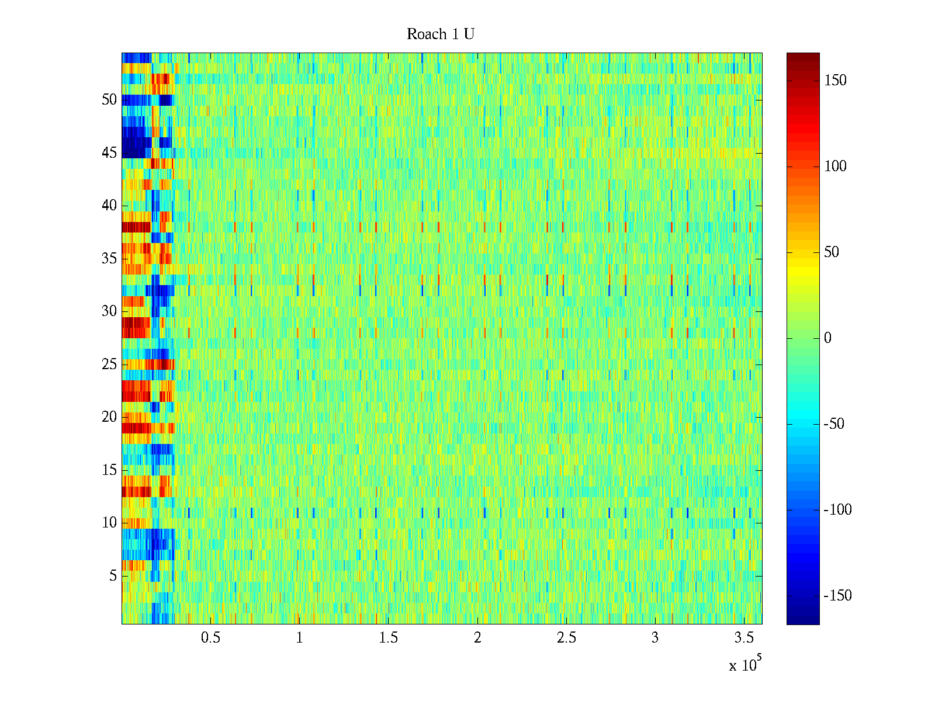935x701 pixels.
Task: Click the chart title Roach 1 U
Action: click(x=440, y=34)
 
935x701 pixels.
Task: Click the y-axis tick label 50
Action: click(x=109, y=100)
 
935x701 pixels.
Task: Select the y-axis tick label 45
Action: click(x=109, y=153)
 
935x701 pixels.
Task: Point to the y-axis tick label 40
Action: click(x=109, y=206)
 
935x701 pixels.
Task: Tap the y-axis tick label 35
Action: click(x=109, y=259)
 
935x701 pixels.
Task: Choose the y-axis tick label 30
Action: click(x=109, y=311)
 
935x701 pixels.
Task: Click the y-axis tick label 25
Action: click(x=109, y=365)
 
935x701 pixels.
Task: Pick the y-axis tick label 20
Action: click(x=109, y=417)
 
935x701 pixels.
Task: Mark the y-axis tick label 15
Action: click(x=109, y=470)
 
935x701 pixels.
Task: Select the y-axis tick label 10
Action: click(x=109, y=523)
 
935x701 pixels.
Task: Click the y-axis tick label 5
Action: click(x=113, y=576)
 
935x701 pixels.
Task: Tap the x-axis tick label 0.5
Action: click(x=210, y=638)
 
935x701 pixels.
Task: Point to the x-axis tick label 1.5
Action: click(x=388, y=638)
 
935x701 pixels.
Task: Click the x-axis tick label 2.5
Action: click(x=566, y=638)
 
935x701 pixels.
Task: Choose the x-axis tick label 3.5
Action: click(x=744, y=638)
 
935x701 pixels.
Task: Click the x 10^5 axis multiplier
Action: click(x=745, y=665)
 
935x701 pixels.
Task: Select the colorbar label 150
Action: click(x=835, y=81)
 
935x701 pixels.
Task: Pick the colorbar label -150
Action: click(x=837, y=596)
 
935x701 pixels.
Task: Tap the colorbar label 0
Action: click(x=827, y=338)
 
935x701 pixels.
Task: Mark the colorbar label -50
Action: click(x=834, y=424)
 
